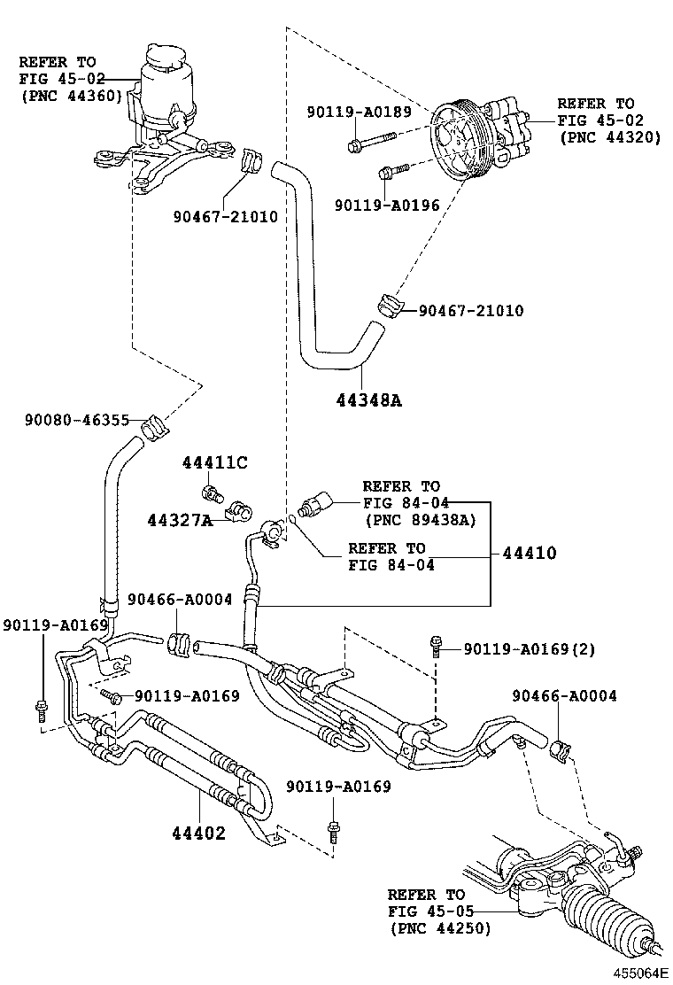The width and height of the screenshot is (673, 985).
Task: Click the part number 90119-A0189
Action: tap(359, 112)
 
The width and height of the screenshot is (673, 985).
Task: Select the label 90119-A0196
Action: tap(387, 205)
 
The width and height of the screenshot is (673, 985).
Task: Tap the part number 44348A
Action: tap(368, 400)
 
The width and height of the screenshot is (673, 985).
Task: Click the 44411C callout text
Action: tap(215, 462)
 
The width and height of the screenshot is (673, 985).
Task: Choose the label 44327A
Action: tap(180, 520)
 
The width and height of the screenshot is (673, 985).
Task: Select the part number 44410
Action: tap(530, 554)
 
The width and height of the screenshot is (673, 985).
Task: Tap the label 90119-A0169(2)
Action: tap(529, 649)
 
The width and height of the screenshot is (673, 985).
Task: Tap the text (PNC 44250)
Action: tap(439, 927)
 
